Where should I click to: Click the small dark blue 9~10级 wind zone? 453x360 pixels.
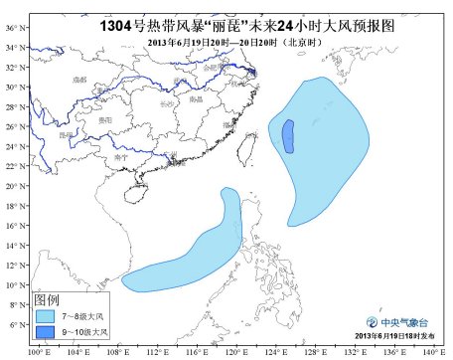pos(288,136)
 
